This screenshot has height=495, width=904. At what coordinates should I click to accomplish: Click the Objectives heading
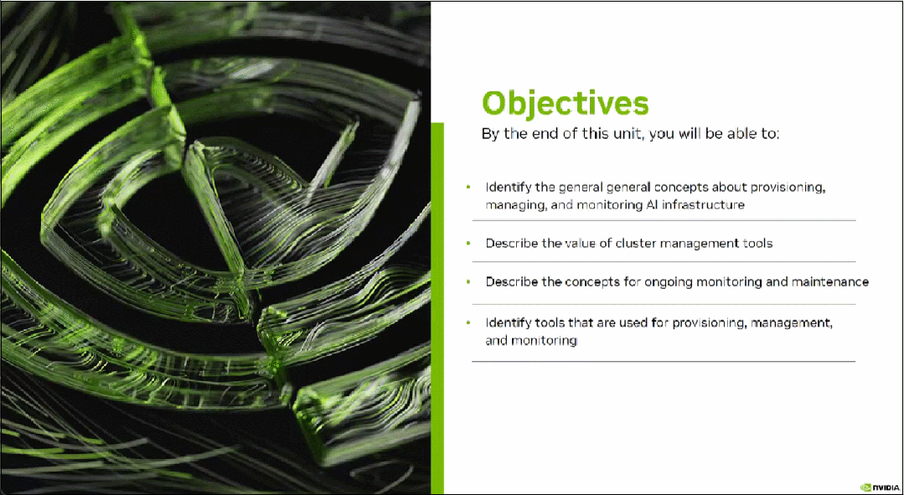click(565, 105)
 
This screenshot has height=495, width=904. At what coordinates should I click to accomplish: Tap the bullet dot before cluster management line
click(468, 243)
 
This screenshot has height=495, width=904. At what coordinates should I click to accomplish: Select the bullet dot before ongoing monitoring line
click(468, 282)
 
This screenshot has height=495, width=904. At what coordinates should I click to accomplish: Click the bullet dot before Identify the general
click(468, 188)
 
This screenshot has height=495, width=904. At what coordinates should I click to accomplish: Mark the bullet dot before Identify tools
click(468, 322)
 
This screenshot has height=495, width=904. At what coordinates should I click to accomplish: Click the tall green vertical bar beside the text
click(437, 308)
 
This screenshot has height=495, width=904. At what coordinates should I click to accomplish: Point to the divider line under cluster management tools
click(664, 261)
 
